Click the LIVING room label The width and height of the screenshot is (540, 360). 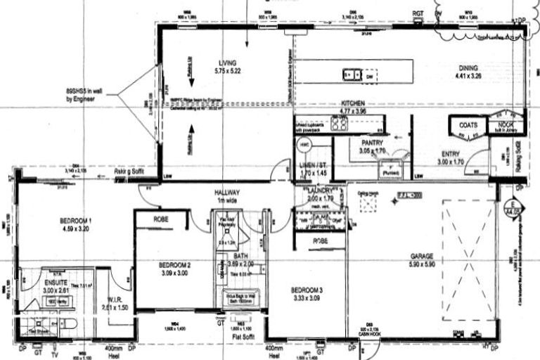click(226, 63)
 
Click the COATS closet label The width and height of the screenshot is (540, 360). click(468, 125)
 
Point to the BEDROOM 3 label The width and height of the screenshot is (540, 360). click(307, 290)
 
